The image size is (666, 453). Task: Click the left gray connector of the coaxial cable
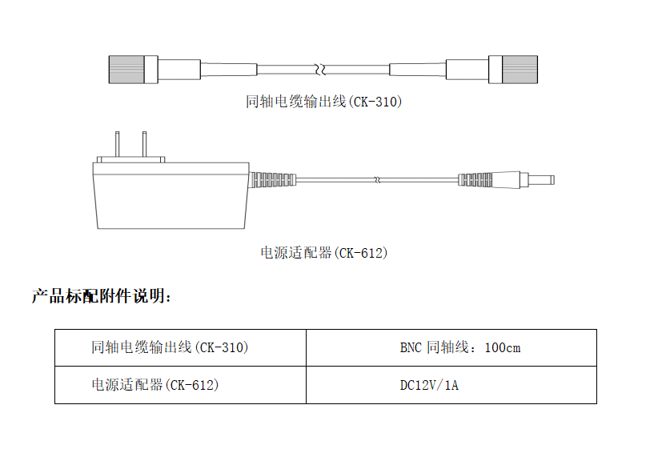point(126,69)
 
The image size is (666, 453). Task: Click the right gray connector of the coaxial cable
point(520,69)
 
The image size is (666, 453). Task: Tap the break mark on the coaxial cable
point(321,69)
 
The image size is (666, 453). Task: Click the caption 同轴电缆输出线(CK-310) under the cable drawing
point(323,102)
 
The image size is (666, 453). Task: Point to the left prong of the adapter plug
point(117,144)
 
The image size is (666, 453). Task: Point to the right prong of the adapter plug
point(144,144)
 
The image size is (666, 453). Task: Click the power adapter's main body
point(171,196)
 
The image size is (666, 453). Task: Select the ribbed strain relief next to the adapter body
point(272,180)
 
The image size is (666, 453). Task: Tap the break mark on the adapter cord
point(377,180)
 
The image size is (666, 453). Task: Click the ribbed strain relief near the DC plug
point(475,180)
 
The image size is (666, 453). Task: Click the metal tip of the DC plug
point(540,180)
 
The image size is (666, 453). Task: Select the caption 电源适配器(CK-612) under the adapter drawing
point(324,253)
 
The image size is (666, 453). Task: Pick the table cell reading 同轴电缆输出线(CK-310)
point(181,347)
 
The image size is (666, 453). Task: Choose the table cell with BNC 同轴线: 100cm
point(451,347)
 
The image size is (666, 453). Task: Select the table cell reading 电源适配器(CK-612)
point(181,385)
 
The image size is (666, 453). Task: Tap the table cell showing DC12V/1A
point(451,385)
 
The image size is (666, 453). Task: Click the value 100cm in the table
point(503,348)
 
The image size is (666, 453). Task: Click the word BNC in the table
point(411,348)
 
